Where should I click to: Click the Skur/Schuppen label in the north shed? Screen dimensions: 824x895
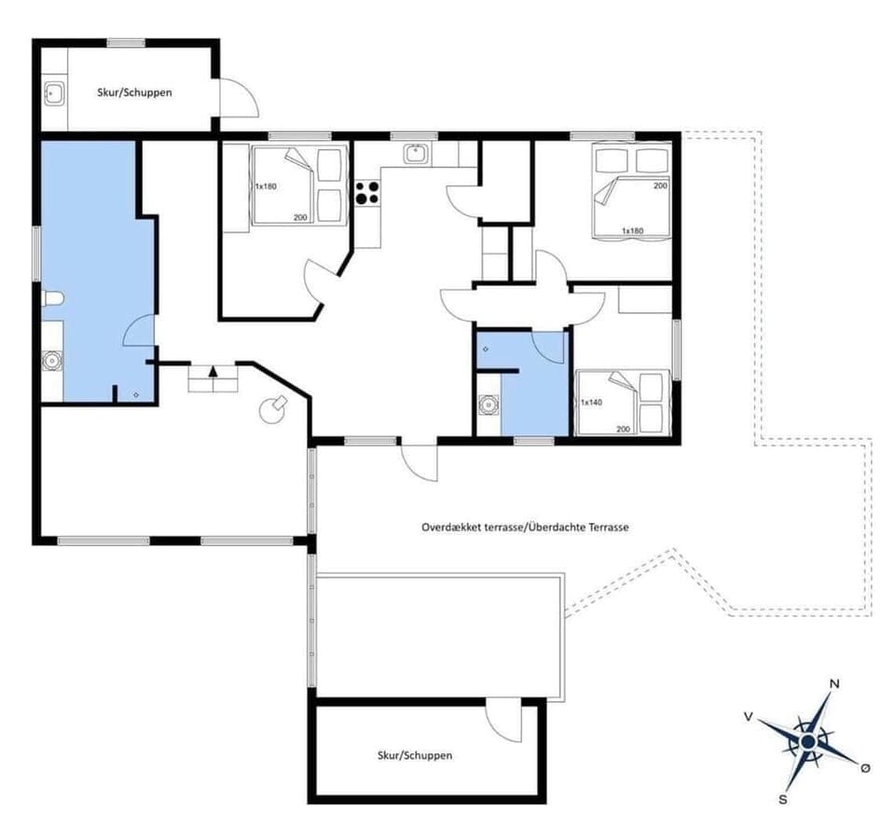[135, 93]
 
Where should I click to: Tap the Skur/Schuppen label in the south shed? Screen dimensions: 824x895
[415, 755]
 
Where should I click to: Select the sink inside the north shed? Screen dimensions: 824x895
[54, 92]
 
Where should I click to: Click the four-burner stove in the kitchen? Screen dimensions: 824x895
[367, 192]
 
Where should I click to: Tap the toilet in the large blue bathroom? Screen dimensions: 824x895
[52, 299]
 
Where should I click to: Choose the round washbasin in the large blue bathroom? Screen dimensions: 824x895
[52, 360]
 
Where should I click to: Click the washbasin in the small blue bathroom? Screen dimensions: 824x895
[488, 405]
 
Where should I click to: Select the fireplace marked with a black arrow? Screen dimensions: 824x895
[213, 378]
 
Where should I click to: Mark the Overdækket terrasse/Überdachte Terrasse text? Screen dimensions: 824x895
[525, 527]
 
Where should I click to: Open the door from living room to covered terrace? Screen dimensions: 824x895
[419, 461]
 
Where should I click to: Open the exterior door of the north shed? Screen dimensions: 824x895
[237, 98]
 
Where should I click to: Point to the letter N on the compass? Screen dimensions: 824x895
[834, 684]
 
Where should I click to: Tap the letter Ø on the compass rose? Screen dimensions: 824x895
[865, 767]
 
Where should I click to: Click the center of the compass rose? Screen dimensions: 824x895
[808, 741]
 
